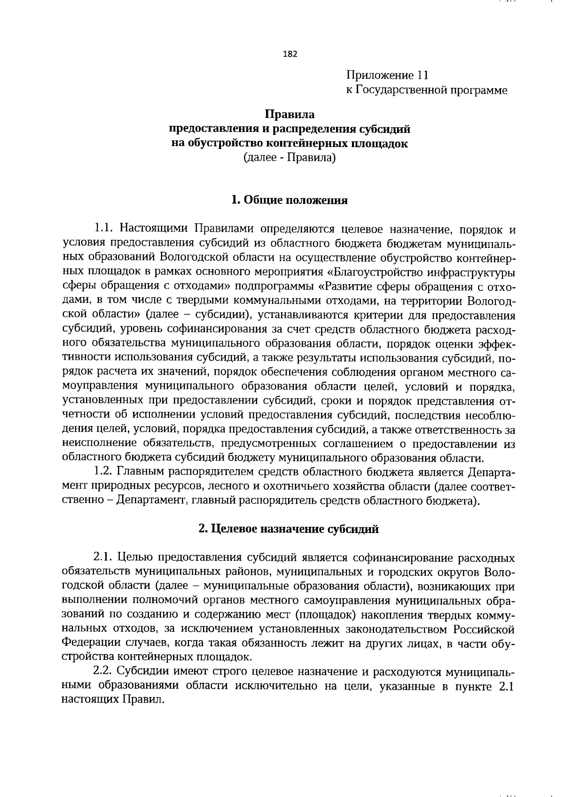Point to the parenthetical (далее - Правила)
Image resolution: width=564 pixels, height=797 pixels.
click(x=290, y=158)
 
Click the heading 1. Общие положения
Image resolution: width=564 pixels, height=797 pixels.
click(x=290, y=201)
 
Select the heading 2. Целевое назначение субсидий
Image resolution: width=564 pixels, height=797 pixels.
click(x=289, y=529)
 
